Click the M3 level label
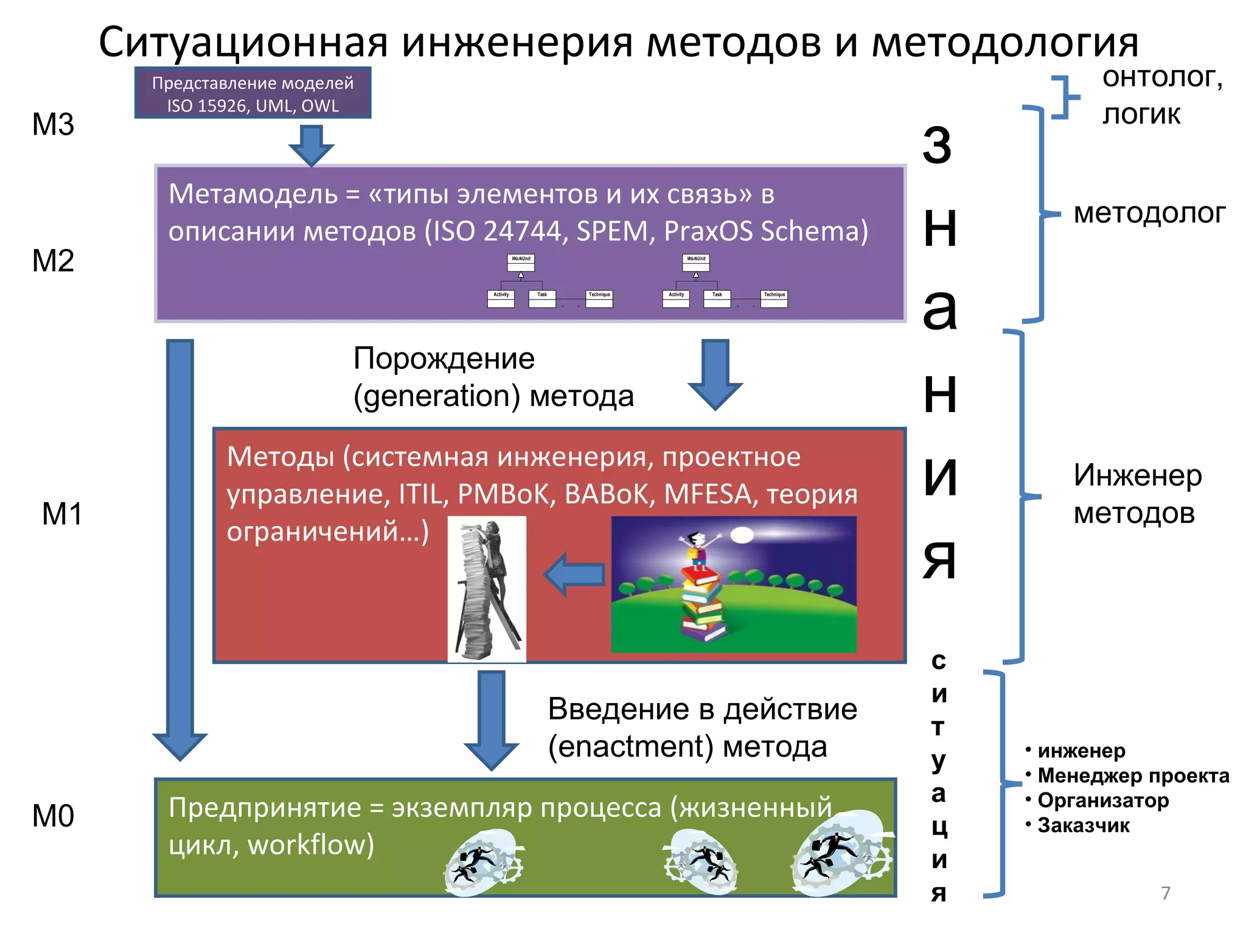[x=53, y=125]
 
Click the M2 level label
[x=53, y=261]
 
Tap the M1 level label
[x=62, y=514]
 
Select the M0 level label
[x=53, y=816]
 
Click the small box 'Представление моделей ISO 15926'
[x=252, y=93]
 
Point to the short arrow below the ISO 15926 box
[x=311, y=145]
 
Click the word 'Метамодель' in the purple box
[x=253, y=194]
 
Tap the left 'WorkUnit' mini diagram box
[x=521, y=262]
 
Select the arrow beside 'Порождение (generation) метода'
[x=715, y=373]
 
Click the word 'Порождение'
[x=444, y=359]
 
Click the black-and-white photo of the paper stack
[x=487, y=589]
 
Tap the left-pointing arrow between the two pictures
[x=574, y=574]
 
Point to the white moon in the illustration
[x=742, y=535]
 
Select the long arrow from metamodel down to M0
[x=180, y=548]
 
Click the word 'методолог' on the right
[x=1149, y=214]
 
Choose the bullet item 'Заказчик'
[x=1084, y=825]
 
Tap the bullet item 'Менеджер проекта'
[x=1133, y=776]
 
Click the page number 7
[x=1166, y=893]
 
